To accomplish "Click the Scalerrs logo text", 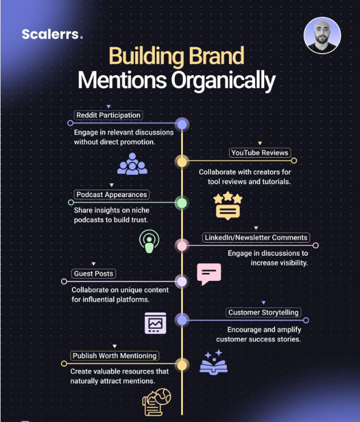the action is [x=52, y=34].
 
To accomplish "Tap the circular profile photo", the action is [x=322, y=35].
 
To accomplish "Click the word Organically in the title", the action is [x=223, y=80].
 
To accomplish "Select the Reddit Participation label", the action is [x=108, y=115].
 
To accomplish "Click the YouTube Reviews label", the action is [x=260, y=153].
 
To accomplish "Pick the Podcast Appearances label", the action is [x=112, y=194].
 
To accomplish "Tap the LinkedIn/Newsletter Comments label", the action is [x=256, y=237].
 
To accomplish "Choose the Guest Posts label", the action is [x=93, y=273].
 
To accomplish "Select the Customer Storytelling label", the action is [x=263, y=312].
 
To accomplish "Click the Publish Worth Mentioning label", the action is [x=114, y=355].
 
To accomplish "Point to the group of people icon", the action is [x=132, y=163].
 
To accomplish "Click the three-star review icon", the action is [x=228, y=206].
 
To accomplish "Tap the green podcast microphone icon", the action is [x=149, y=241].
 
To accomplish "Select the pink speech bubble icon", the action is [x=209, y=274].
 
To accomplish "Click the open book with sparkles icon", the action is [x=214, y=362].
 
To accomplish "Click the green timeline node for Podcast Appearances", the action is [x=182, y=203].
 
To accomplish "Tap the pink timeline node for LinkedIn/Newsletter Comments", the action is [x=182, y=245].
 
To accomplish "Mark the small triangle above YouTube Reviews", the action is [x=260, y=143].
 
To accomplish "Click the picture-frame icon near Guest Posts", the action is [x=156, y=323].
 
